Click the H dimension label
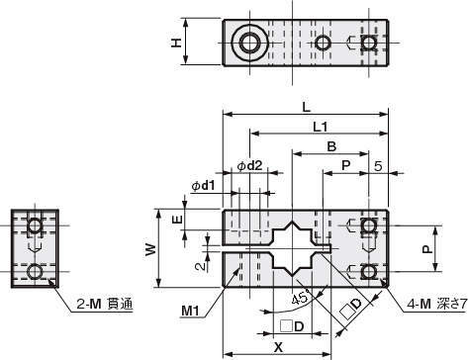(178, 43)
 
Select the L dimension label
(306, 107)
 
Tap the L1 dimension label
(321, 127)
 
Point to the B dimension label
(331, 146)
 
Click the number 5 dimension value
(378, 166)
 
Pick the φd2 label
(250, 165)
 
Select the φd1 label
(203, 186)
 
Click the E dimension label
(178, 220)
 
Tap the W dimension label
(150, 249)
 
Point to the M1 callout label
(190, 310)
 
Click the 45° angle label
(301, 298)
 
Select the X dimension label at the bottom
(279, 347)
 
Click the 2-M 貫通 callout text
(105, 304)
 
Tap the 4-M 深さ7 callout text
(437, 304)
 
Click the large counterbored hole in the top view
(249, 43)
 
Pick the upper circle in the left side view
(35, 225)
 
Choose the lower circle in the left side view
(35, 272)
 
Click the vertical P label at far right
(427, 249)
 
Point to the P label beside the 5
(345, 165)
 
